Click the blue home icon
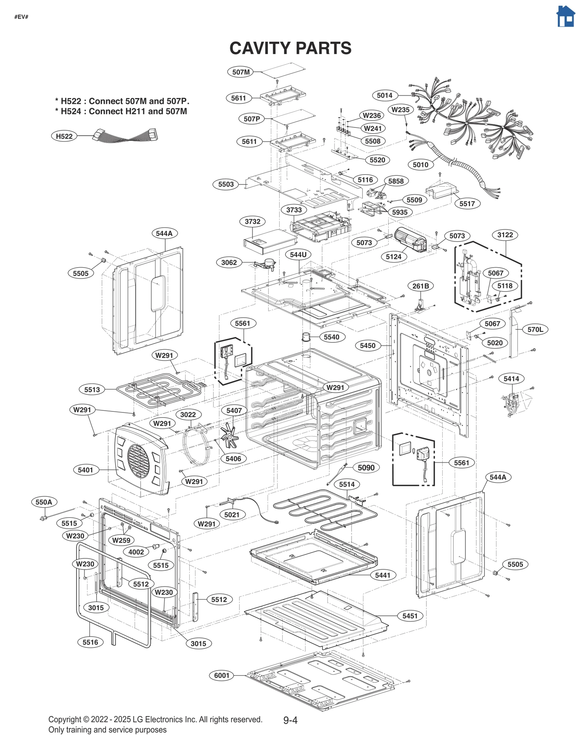566,17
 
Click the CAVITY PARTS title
290,48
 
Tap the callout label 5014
384,95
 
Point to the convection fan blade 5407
229,435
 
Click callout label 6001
222,675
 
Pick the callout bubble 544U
298,255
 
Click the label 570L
535,330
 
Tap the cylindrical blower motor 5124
410,240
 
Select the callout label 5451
410,616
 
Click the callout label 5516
90,642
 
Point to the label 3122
505,235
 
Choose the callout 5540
331,337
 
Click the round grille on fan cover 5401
138,461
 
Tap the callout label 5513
92,390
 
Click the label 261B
420,286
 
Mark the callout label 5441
382,575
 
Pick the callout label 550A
44,502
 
